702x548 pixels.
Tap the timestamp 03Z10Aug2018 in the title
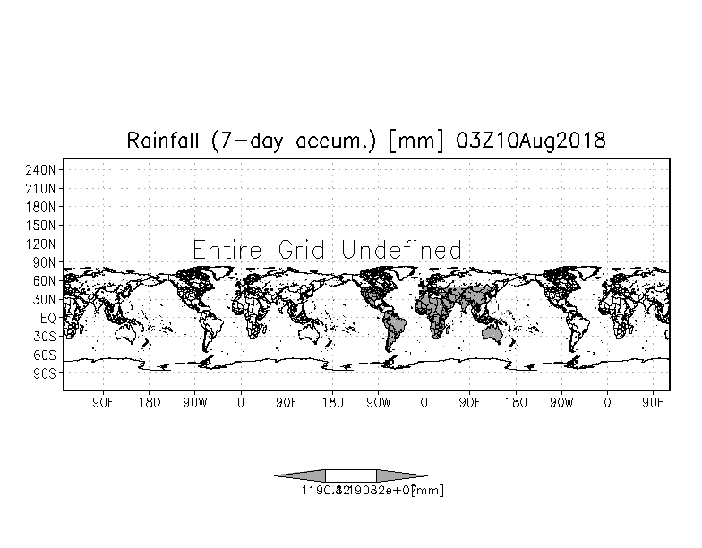530,141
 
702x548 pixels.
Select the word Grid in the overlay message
300,250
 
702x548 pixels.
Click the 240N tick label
41,169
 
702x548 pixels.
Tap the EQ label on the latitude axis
47,317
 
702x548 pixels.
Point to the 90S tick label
44,372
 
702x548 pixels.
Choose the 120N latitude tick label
41,244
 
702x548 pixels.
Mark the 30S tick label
44,336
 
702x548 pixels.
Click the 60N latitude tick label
44,280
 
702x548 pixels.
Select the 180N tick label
41,207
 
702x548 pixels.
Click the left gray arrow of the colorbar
301,475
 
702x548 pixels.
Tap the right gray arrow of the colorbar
400,475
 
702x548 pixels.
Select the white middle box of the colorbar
351,475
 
